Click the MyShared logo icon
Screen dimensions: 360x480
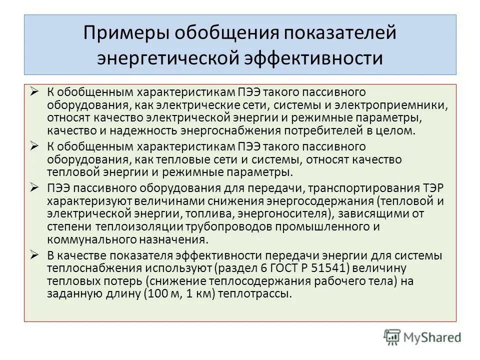click(x=392, y=336)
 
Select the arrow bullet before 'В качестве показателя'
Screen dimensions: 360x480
click(x=34, y=255)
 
